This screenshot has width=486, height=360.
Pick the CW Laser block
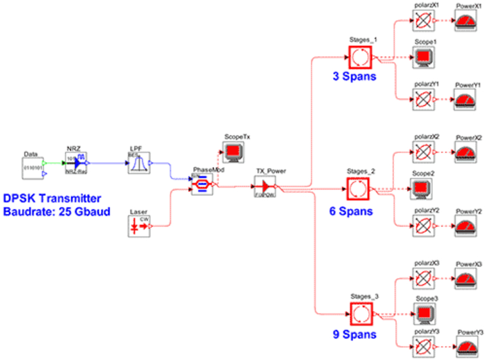pyautogui.click(x=139, y=226)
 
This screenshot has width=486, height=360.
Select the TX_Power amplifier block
pyautogui.click(x=265, y=186)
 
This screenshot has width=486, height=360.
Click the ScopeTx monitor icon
pyautogui.click(x=233, y=152)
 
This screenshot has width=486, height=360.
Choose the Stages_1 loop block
pyautogui.click(x=360, y=57)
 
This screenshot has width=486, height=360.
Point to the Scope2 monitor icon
pyautogui.click(x=421, y=187)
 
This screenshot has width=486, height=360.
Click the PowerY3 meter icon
pyautogui.click(x=468, y=347)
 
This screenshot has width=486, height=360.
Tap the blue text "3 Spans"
pyautogui.click(x=355, y=76)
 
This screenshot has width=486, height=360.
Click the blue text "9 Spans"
pyautogui.click(x=354, y=334)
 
